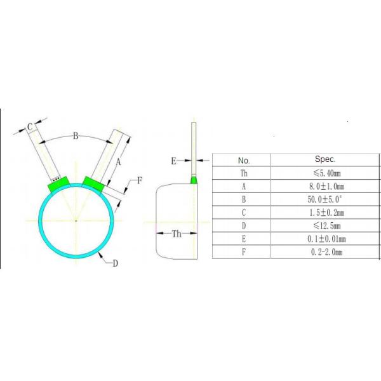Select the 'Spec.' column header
(x=325, y=159)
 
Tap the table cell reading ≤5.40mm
(x=325, y=173)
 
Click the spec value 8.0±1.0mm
(x=325, y=187)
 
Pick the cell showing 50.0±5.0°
(x=325, y=200)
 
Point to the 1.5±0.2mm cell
(x=325, y=213)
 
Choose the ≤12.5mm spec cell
(x=325, y=226)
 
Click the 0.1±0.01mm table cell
(x=325, y=239)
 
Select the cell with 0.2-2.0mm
(x=325, y=252)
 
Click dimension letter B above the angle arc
(x=75, y=135)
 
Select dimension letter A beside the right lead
(x=117, y=163)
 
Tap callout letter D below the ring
(x=115, y=264)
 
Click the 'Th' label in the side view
(x=177, y=234)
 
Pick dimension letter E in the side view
(x=173, y=161)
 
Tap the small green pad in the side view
(x=194, y=180)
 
